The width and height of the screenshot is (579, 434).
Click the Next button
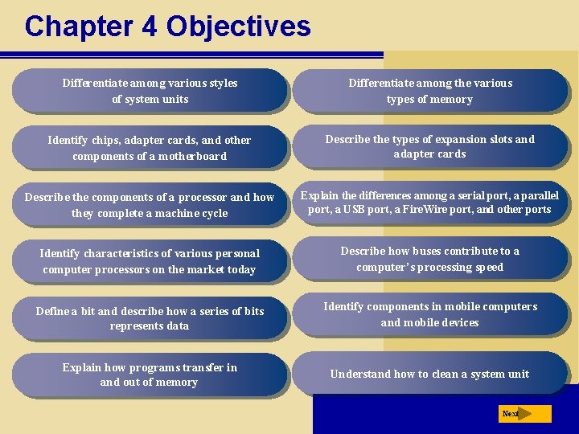pos(525,414)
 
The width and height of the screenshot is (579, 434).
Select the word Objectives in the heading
pos(238,26)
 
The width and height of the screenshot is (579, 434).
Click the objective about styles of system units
pos(150,91)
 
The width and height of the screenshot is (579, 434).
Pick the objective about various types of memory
pos(429,91)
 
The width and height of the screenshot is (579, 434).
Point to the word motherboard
pos(189,157)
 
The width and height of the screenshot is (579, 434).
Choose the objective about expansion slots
pos(429,146)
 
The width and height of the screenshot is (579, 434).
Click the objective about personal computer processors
pos(150,261)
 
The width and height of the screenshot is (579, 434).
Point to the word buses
pos(422,251)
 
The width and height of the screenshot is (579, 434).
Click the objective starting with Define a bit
pos(150,318)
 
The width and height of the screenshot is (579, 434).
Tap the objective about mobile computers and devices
pos(429,314)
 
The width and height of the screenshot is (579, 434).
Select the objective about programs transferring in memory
pos(150,375)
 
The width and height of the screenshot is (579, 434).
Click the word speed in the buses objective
pos(488,267)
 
